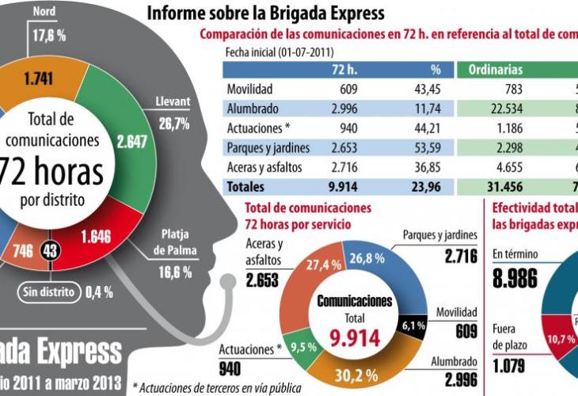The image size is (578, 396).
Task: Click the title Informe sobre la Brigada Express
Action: tap(265, 13)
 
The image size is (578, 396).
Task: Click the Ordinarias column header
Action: tap(495, 69)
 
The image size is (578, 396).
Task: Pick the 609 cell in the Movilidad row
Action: tap(349, 89)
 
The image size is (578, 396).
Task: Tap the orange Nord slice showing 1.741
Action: tap(38, 80)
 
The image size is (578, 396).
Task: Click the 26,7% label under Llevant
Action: tap(175, 124)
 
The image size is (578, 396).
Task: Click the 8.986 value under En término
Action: tap(514, 278)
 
